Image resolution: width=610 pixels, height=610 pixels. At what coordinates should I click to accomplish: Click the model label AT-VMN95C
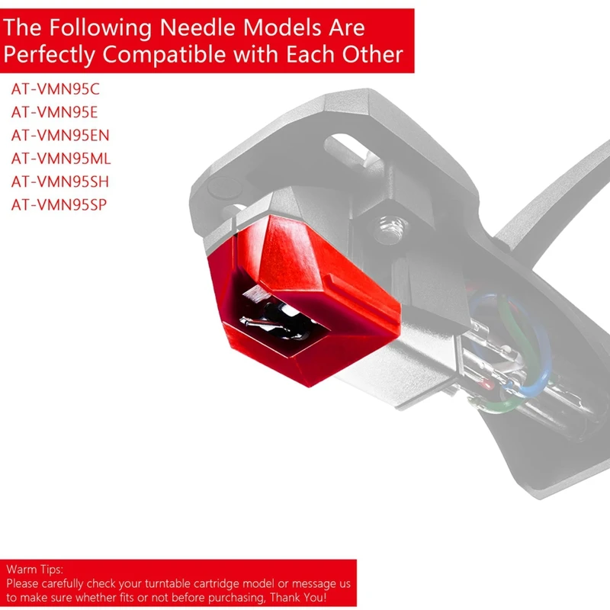point(55,89)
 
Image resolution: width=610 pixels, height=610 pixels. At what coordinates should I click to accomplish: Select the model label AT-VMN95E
point(54,112)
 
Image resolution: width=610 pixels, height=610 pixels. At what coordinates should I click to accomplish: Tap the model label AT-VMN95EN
point(60,136)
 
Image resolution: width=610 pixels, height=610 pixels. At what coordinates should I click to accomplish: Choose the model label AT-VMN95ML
point(61,159)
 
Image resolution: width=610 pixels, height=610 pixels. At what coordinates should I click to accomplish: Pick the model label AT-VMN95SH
point(60,181)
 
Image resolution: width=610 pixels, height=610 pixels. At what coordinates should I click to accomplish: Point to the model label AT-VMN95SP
point(59,204)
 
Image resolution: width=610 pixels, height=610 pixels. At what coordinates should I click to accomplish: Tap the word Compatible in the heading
point(164,53)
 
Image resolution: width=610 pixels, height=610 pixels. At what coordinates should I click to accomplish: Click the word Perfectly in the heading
point(49,54)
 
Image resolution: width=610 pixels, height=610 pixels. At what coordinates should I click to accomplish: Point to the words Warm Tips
point(34,569)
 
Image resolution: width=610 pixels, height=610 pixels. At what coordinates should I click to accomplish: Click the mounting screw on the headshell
point(390,230)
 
